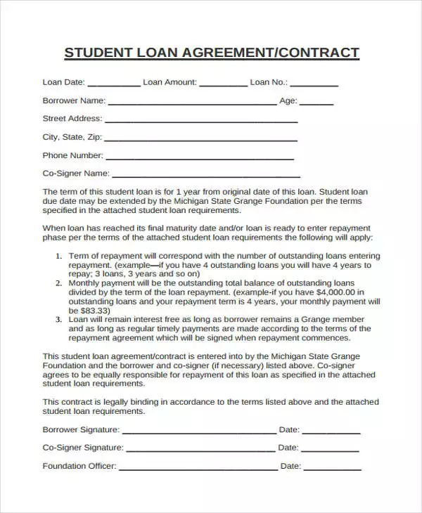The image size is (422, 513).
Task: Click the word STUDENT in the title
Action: coord(96,53)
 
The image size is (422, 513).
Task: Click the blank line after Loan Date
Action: coord(114,84)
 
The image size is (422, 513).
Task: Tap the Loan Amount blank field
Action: coord(223,84)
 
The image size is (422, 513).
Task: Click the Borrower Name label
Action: coord(74,100)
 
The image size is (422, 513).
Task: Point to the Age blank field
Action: coord(316,103)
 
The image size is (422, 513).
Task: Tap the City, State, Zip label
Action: coord(72,137)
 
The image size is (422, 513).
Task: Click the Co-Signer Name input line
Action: coord(206,176)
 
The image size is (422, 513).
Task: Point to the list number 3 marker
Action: coord(59,318)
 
